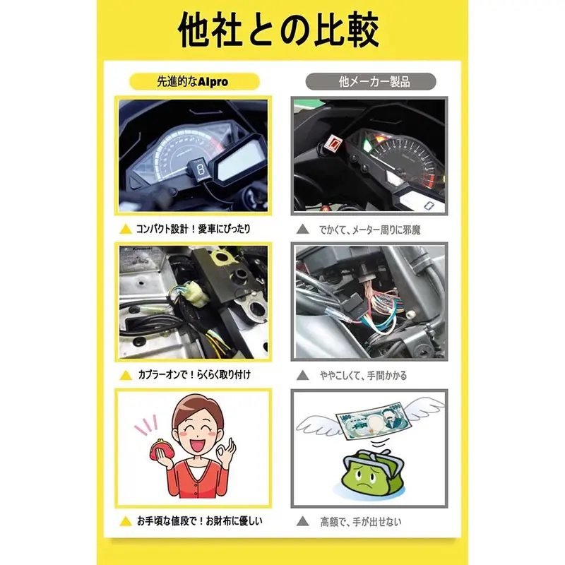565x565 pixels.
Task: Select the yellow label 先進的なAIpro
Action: pyautogui.click(x=193, y=82)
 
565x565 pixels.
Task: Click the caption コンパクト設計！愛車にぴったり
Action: pyautogui.click(x=193, y=230)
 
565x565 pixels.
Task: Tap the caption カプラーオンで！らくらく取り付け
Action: pyautogui.click(x=193, y=374)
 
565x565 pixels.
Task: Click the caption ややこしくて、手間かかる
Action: pyautogui.click(x=362, y=374)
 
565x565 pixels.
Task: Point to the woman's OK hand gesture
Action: pyautogui.click(x=227, y=454)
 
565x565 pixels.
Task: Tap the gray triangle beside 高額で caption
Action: pyautogui.click(x=302, y=523)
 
